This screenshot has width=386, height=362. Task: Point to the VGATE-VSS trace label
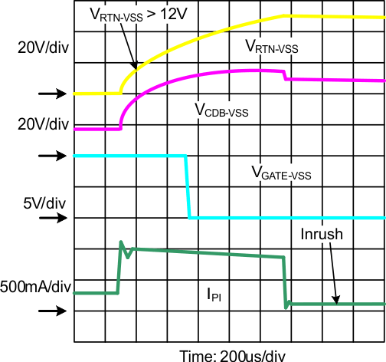281,173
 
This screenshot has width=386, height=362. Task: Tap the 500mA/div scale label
36,288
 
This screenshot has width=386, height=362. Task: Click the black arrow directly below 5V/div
51,218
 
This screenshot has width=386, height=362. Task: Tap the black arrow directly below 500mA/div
51,311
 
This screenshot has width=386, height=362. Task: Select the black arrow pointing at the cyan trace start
51,156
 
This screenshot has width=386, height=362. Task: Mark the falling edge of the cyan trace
188,187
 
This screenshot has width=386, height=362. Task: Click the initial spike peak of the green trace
121,242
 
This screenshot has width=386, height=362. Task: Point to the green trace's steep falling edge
284,280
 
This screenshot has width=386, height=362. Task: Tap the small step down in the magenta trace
285,76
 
